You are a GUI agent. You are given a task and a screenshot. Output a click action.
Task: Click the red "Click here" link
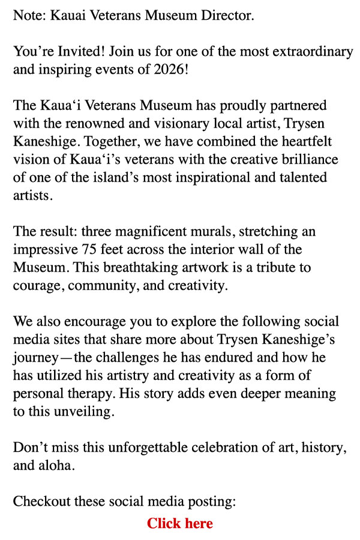point(180,524)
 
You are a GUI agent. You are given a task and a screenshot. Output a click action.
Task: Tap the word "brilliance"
point(306,160)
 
